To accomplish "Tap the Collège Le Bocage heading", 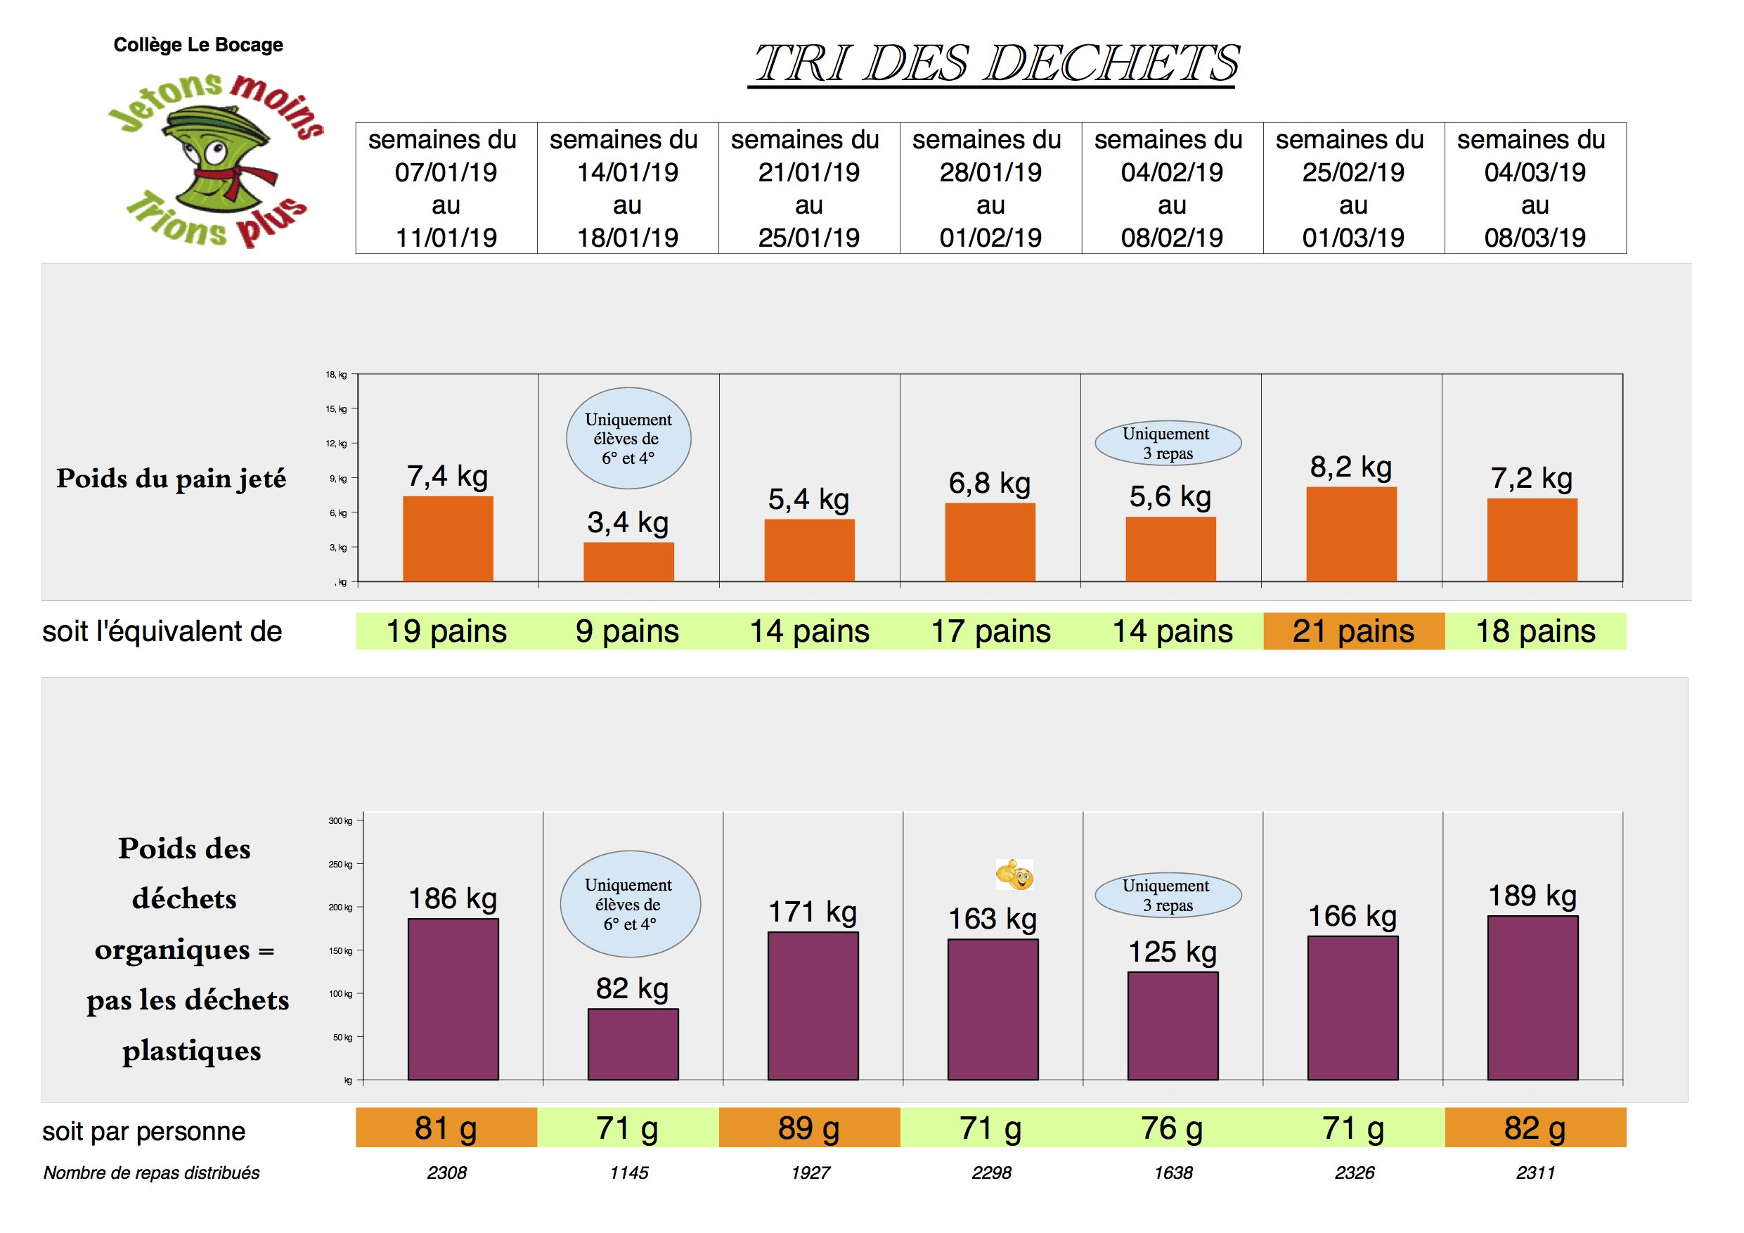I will point(198,45).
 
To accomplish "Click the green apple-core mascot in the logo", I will point(216,160).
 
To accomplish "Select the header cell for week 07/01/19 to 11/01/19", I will point(446,188).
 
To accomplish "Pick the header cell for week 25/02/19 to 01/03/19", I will point(1353,188).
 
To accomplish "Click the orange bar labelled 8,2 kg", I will point(1351,534).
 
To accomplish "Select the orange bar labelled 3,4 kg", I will point(628,562).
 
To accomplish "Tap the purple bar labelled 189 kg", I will point(1532,998).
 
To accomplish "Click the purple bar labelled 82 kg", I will point(633,1044).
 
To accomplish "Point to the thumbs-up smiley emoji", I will point(1015,875).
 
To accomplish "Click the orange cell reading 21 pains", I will point(1353,631).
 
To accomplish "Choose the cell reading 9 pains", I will point(628,631).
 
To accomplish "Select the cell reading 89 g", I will point(809,1128).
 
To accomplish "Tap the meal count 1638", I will point(1173,1173).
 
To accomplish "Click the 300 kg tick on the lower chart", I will point(341,821).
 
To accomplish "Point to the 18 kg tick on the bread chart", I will point(337,375).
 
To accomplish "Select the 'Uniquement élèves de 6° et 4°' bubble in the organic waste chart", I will point(630,904).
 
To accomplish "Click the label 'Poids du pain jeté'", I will point(172,479).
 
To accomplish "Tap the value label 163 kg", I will point(992,919).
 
